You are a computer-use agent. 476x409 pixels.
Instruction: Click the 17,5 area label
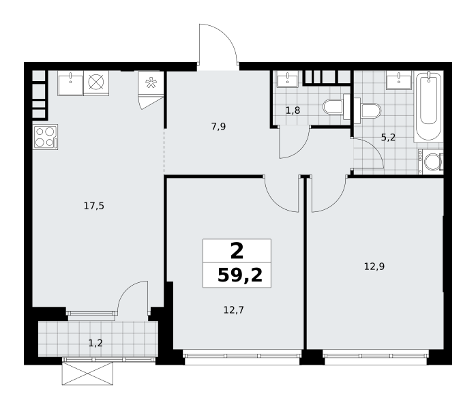coord(94,206)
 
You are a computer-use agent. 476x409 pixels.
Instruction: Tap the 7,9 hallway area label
coord(218,126)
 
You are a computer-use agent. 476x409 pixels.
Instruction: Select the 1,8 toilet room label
coord(293,110)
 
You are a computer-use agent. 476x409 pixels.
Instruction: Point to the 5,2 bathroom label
coord(388,138)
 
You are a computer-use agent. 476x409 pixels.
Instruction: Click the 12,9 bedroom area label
coord(374,267)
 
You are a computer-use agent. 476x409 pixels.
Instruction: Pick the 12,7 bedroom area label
coord(233,309)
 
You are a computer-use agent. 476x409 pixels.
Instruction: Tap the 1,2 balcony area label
coord(95,343)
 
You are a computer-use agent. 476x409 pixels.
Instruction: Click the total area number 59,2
coord(240,275)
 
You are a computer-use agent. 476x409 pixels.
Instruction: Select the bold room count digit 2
coord(237,252)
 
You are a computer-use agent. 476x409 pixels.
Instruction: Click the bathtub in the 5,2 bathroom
coord(428,106)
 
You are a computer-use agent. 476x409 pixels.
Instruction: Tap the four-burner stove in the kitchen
coord(45,137)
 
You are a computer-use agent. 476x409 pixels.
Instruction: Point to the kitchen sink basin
coord(70,84)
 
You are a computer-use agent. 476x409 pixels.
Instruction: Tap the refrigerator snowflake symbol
coord(151,83)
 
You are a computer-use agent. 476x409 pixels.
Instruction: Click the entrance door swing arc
coord(224,36)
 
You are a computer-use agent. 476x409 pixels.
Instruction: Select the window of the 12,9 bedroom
coord(376,356)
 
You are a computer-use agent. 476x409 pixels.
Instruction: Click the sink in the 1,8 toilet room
coord(287,80)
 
